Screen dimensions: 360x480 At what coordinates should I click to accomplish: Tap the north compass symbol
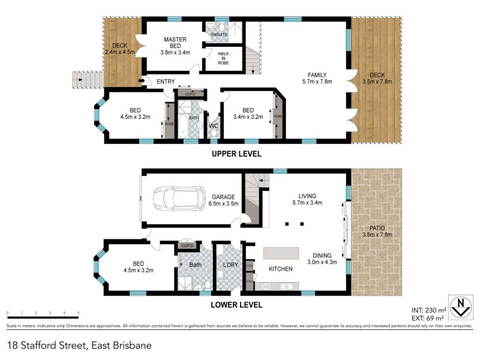point(461,307)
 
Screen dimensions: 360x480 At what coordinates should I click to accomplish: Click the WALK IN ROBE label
point(223,58)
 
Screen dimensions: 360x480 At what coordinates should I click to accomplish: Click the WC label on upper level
point(213,126)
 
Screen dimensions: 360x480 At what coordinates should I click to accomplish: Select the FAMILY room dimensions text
point(317,82)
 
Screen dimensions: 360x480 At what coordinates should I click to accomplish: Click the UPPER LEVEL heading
point(236,154)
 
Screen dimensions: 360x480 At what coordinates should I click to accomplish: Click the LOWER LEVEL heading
point(236,305)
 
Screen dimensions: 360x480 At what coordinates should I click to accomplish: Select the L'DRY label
point(230,265)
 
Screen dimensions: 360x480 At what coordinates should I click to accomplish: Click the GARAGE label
point(223,196)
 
